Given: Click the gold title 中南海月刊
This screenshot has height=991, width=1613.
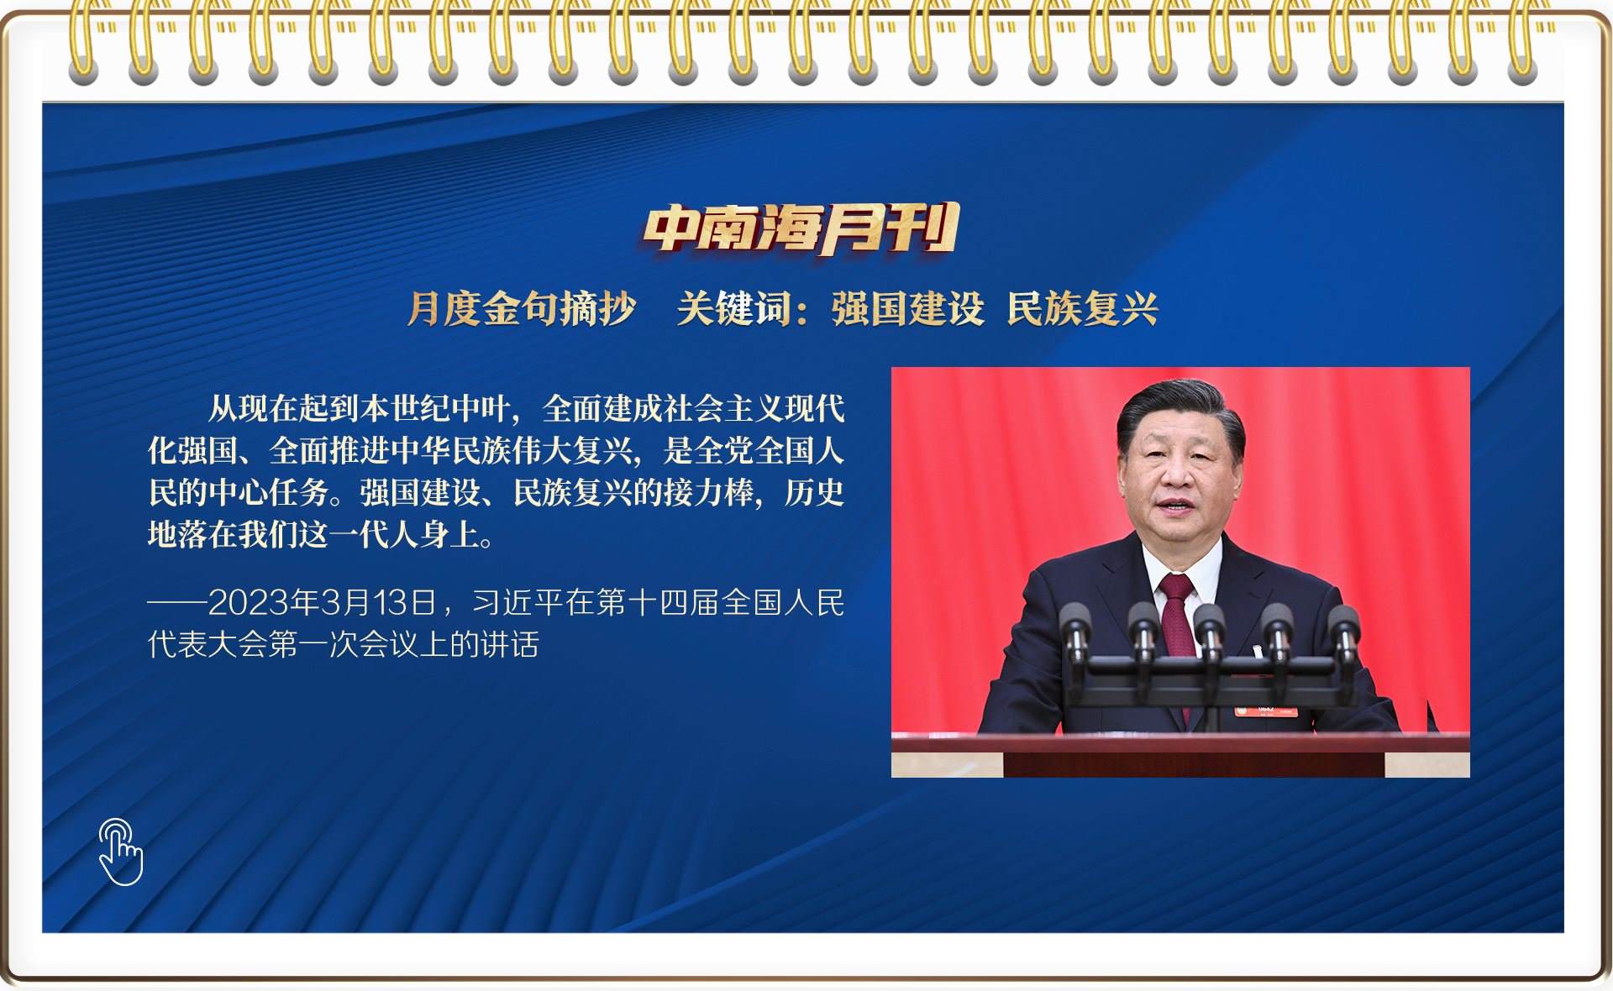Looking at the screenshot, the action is [801, 228].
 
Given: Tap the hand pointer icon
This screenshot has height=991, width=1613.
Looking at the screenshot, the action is [120, 852].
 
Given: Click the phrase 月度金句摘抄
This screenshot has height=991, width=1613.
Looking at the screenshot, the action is [522, 308].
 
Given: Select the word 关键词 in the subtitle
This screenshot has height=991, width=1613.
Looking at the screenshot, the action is [734, 308].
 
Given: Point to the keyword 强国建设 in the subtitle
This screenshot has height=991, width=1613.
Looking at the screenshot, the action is [908, 308].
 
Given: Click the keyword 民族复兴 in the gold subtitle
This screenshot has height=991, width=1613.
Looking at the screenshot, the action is [1083, 308].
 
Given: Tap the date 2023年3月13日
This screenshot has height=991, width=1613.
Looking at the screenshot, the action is [322, 603].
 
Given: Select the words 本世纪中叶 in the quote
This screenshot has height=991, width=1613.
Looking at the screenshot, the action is [435, 409].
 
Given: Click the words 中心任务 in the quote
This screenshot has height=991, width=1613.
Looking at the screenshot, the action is [269, 492].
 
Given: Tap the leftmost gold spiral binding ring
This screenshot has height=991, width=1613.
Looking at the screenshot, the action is [83, 42].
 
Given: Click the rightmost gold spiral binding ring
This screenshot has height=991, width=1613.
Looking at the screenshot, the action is [1522, 42].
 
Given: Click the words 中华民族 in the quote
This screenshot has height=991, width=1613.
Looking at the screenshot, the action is [450, 451].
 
